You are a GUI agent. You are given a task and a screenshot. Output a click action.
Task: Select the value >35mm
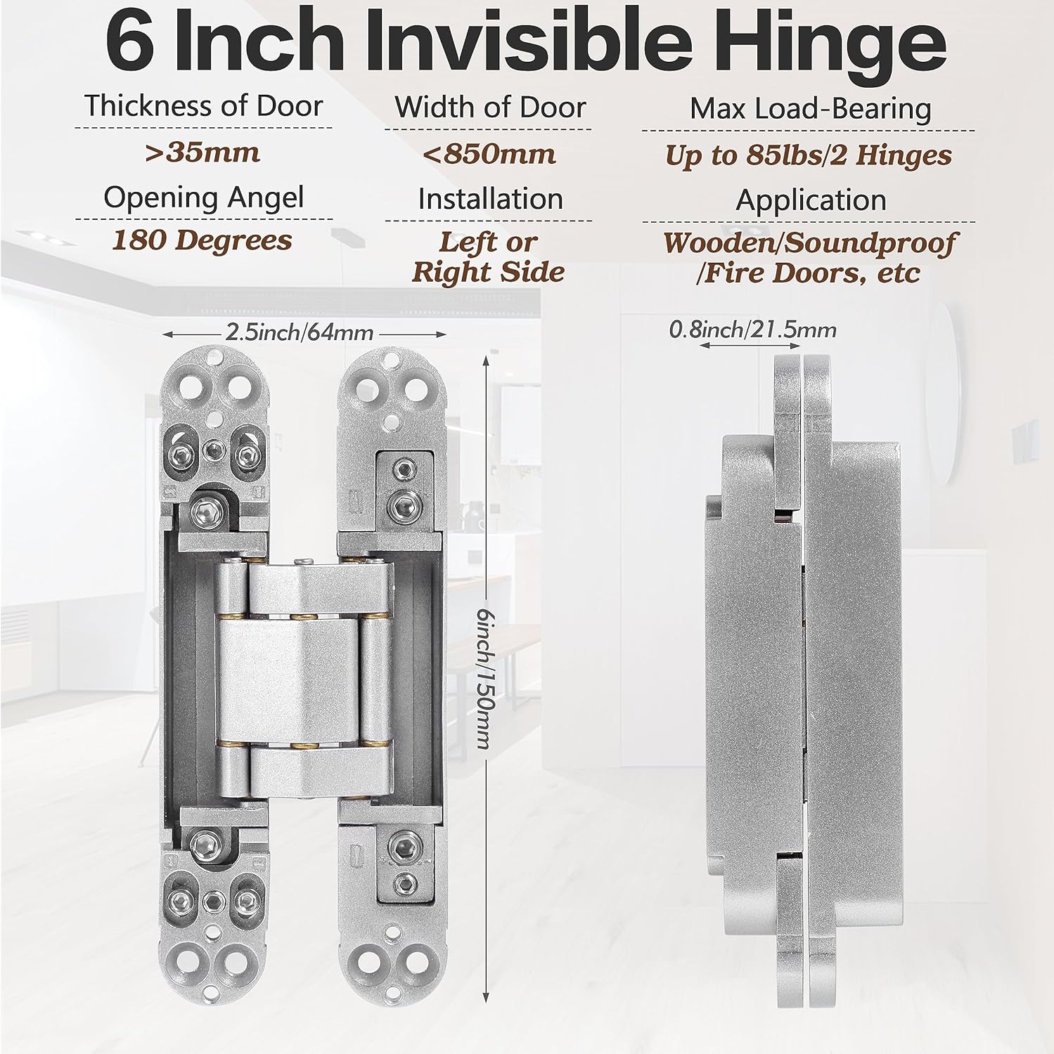point(203,152)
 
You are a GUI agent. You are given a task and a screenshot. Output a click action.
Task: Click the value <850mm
point(489,154)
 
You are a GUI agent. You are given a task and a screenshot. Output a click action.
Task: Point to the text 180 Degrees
point(203,240)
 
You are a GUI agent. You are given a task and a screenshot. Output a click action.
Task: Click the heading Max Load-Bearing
point(810,109)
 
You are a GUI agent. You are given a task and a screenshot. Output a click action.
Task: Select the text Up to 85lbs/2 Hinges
point(808,155)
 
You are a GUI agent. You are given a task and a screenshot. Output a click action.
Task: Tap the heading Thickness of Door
point(203,106)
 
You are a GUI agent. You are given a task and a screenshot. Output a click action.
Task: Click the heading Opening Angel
point(203,197)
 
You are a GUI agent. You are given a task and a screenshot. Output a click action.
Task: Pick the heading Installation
point(490,199)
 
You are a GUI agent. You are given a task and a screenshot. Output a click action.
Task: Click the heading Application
point(810,200)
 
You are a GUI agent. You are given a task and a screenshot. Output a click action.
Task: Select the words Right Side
point(488,272)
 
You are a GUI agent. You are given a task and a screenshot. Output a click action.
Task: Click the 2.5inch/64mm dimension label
point(300,332)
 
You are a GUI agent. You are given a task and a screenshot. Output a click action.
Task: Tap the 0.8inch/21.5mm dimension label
point(752,329)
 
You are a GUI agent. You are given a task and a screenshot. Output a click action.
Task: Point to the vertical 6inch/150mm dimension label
point(482,678)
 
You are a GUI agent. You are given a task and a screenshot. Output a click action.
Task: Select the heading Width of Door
point(489,108)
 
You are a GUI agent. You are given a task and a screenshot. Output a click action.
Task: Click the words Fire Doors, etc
point(809,273)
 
